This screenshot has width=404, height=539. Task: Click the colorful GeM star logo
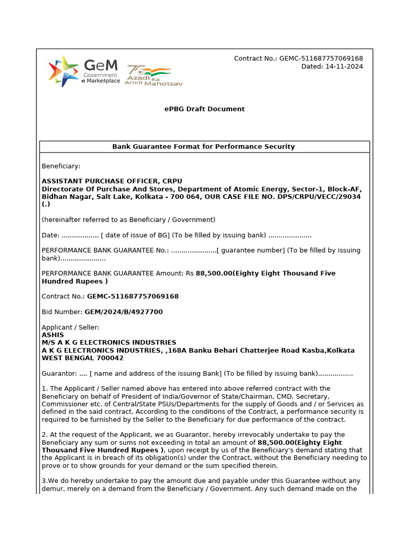pyautogui.click(x=64, y=71)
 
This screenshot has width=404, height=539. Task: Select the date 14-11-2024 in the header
pyautogui.click(x=344, y=66)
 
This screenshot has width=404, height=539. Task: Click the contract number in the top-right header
pyautogui.click(x=321, y=58)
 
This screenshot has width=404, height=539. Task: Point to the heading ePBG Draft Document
pyautogui.click(x=204, y=109)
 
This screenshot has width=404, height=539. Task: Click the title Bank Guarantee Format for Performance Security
pyautogui.click(x=204, y=147)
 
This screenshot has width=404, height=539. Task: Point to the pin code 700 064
pyautogui.click(x=161, y=196)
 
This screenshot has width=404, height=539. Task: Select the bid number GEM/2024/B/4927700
pyautogui.click(x=124, y=312)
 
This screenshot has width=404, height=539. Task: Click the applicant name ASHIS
pyautogui.click(x=53, y=335)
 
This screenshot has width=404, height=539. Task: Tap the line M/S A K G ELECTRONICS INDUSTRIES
pyautogui.click(x=109, y=343)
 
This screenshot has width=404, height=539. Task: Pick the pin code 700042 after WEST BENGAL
pyautogui.click(x=110, y=358)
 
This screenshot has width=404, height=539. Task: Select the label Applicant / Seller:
pyautogui.click(x=70, y=327)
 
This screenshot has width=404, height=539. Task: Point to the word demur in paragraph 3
pyautogui.click(x=53, y=489)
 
